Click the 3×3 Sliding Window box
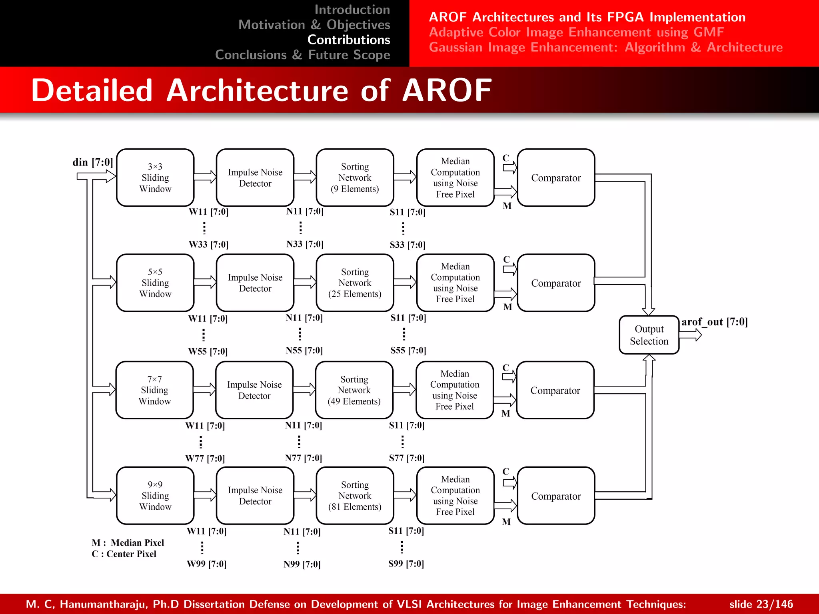[155, 177]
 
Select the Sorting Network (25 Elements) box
[355, 283]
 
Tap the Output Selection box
[649, 335]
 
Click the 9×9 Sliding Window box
[155, 495]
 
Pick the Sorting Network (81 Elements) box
[355, 495]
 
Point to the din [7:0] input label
[93, 162]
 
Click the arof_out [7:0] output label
[714, 322]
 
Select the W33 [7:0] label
[208, 244]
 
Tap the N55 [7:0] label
[304, 351]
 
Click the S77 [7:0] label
[407, 458]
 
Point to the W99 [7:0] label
[206, 564]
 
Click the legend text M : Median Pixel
[128, 542]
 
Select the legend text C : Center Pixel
[124, 554]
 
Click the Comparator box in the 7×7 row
[555, 390]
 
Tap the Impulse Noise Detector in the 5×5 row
[255, 283]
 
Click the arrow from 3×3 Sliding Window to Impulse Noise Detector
[205, 177]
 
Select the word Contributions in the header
[349, 40]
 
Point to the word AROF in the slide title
[447, 90]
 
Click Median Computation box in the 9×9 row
[455, 495]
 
